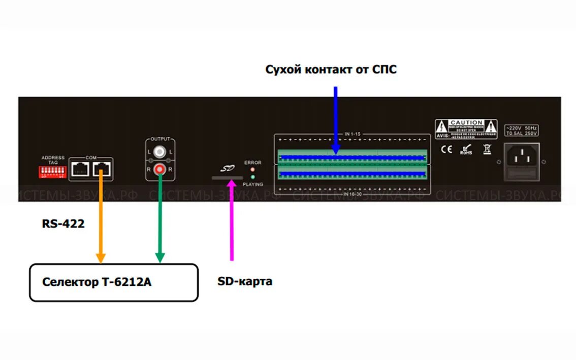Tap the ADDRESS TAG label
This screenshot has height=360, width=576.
pos(53,159)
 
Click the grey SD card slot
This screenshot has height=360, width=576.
pos(227,178)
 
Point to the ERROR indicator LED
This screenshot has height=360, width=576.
pos(252,169)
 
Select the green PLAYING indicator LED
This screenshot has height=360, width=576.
pos(252,177)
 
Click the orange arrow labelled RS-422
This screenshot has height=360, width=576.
pos(101,218)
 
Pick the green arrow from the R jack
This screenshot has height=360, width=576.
pos(160,218)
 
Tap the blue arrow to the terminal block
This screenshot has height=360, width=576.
pos(335,119)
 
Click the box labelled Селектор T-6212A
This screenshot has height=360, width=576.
pos(113,282)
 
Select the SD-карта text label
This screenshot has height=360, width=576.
pos(245,281)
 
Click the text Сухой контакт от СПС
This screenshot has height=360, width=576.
pos(331,70)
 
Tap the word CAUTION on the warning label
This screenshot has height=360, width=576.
pos(466,122)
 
